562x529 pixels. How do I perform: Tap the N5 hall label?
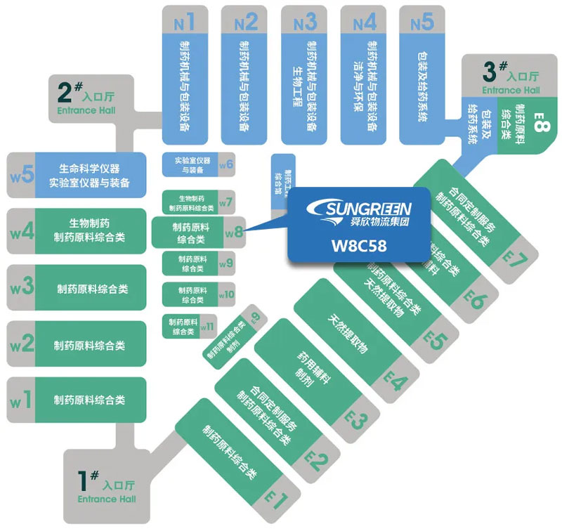point(422,22)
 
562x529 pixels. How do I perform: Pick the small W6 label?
point(226,165)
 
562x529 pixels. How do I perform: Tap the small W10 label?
point(226,294)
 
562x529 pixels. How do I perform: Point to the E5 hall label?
point(436,341)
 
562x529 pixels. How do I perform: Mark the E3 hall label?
point(356,420)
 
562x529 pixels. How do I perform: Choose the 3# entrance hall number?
point(494,71)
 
